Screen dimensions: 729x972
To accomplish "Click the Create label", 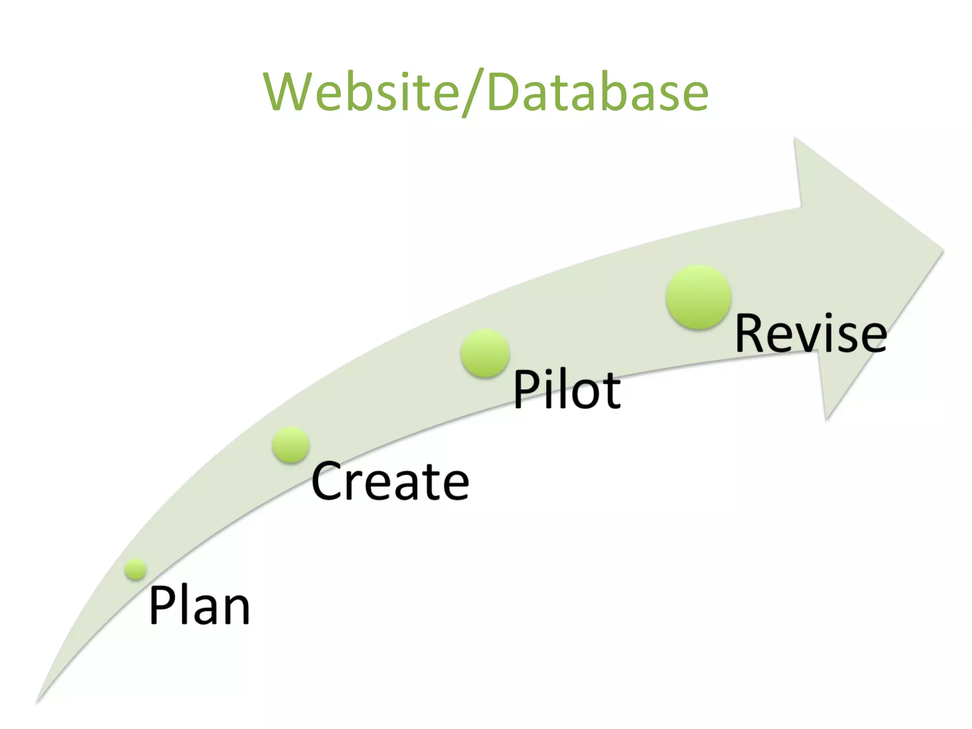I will click(x=390, y=482).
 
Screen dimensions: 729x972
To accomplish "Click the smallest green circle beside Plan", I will click(x=136, y=569).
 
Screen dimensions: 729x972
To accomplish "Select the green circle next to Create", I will click(x=291, y=444).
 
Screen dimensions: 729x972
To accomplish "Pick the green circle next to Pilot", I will click(x=485, y=353).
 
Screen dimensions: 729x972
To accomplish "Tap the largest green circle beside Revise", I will click(x=698, y=297).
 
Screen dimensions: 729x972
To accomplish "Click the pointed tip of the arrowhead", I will click(x=943, y=250).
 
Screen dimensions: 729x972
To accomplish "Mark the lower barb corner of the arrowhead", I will click(x=827, y=419).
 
